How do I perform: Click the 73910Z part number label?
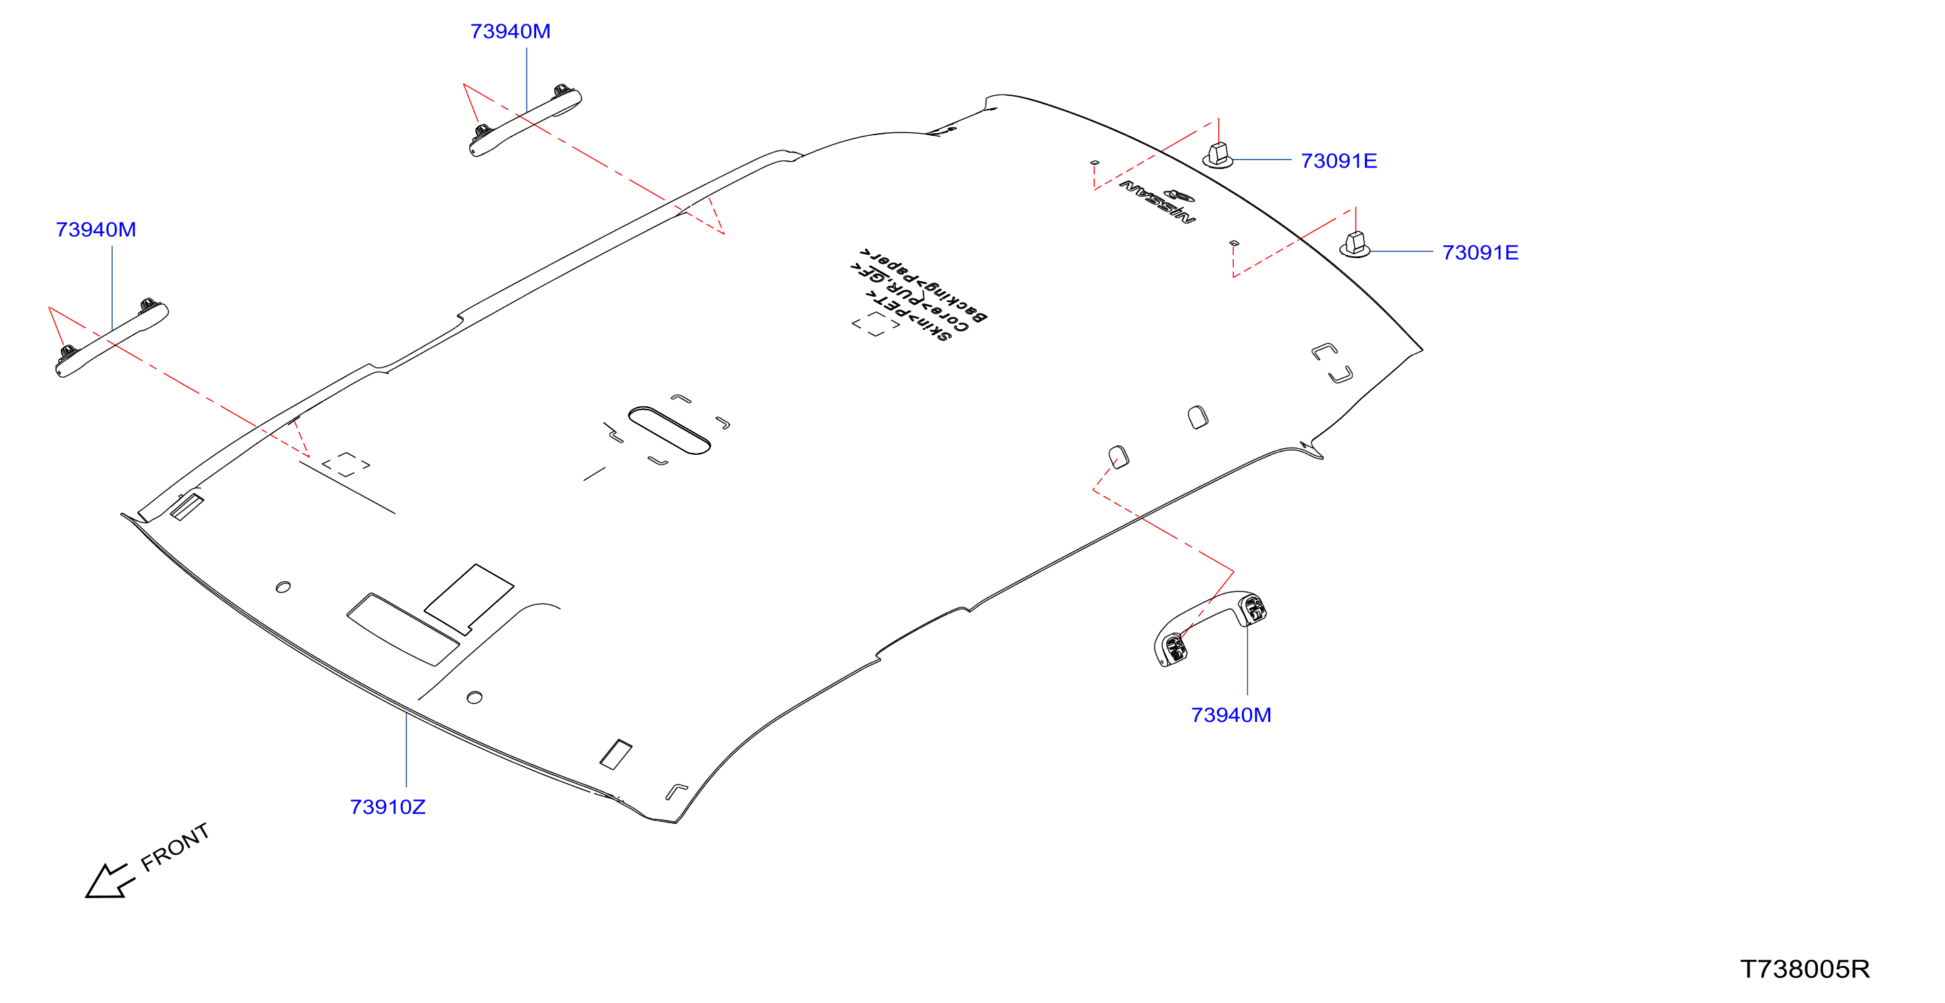[x=387, y=807]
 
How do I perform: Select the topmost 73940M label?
[x=510, y=31]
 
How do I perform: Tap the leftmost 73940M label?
[x=96, y=229]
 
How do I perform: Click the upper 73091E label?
[x=1339, y=161]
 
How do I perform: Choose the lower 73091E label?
[x=1480, y=252]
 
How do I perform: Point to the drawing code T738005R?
[x=1804, y=969]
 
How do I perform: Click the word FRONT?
[x=174, y=847]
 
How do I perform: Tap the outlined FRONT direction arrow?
[x=110, y=881]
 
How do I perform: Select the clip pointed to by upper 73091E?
[x=1217, y=155]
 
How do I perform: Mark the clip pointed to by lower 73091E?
[x=1355, y=245]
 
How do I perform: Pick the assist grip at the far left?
[x=112, y=338]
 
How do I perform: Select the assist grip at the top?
[x=525, y=120]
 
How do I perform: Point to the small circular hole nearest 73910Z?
[x=474, y=698]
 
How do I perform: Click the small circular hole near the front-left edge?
[x=283, y=587]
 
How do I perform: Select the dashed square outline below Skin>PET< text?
[x=875, y=324]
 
